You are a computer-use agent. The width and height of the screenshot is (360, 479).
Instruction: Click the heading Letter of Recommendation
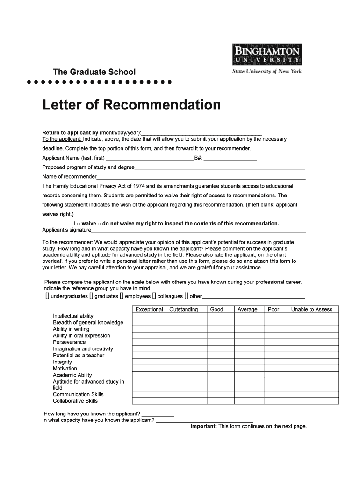(x=131, y=105)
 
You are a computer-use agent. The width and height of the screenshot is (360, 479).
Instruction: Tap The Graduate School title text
(x=94, y=72)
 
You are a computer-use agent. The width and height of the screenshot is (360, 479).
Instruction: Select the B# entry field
(x=230, y=158)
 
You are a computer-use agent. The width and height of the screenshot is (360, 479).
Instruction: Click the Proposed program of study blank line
(x=220, y=167)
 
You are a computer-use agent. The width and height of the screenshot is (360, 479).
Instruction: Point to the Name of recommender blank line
(x=201, y=177)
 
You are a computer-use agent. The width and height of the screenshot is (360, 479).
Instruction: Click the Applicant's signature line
(x=199, y=230)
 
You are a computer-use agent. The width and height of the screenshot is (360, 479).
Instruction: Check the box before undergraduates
(x=47, y=296)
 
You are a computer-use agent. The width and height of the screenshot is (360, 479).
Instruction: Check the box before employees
(x=122, y=296)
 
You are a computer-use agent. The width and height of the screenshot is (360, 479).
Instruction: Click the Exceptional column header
(x=149, y=309)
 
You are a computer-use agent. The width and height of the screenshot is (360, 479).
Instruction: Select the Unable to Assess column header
(x=312, y=309)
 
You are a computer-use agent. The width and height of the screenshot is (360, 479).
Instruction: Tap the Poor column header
(x=274, y=309)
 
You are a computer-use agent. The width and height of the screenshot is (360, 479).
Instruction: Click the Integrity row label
(x=62, y=362)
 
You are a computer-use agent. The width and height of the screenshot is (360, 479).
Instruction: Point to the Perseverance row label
(x=69, y=342)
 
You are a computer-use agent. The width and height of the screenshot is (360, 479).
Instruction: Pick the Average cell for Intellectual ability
(x=247, y=316)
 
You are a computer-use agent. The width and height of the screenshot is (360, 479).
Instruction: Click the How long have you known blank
(x=158, y=414)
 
